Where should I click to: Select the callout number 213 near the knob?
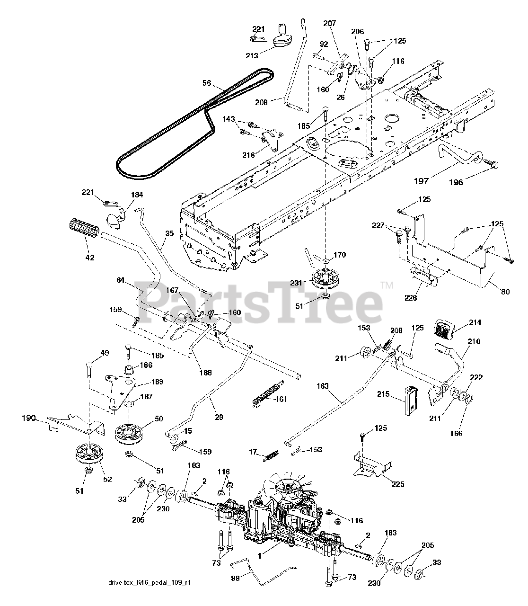coord(252,55)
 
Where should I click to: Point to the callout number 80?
coord(505,292)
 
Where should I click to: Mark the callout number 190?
coord(29,419)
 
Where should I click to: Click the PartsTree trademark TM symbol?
coord(387,285)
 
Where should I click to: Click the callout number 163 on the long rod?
coord(323,386)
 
